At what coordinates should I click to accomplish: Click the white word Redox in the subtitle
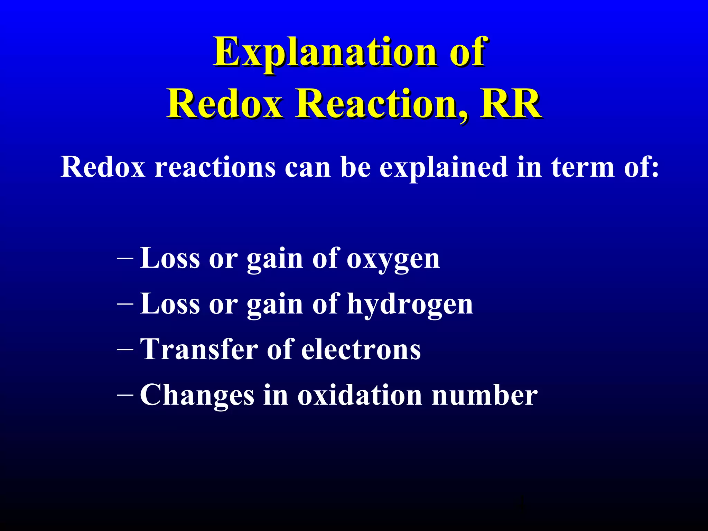coord(103,167)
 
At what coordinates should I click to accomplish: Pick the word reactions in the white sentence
coord(215,167)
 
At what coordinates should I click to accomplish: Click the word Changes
coord(197,395)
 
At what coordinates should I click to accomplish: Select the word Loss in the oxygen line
coord(170,259)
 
